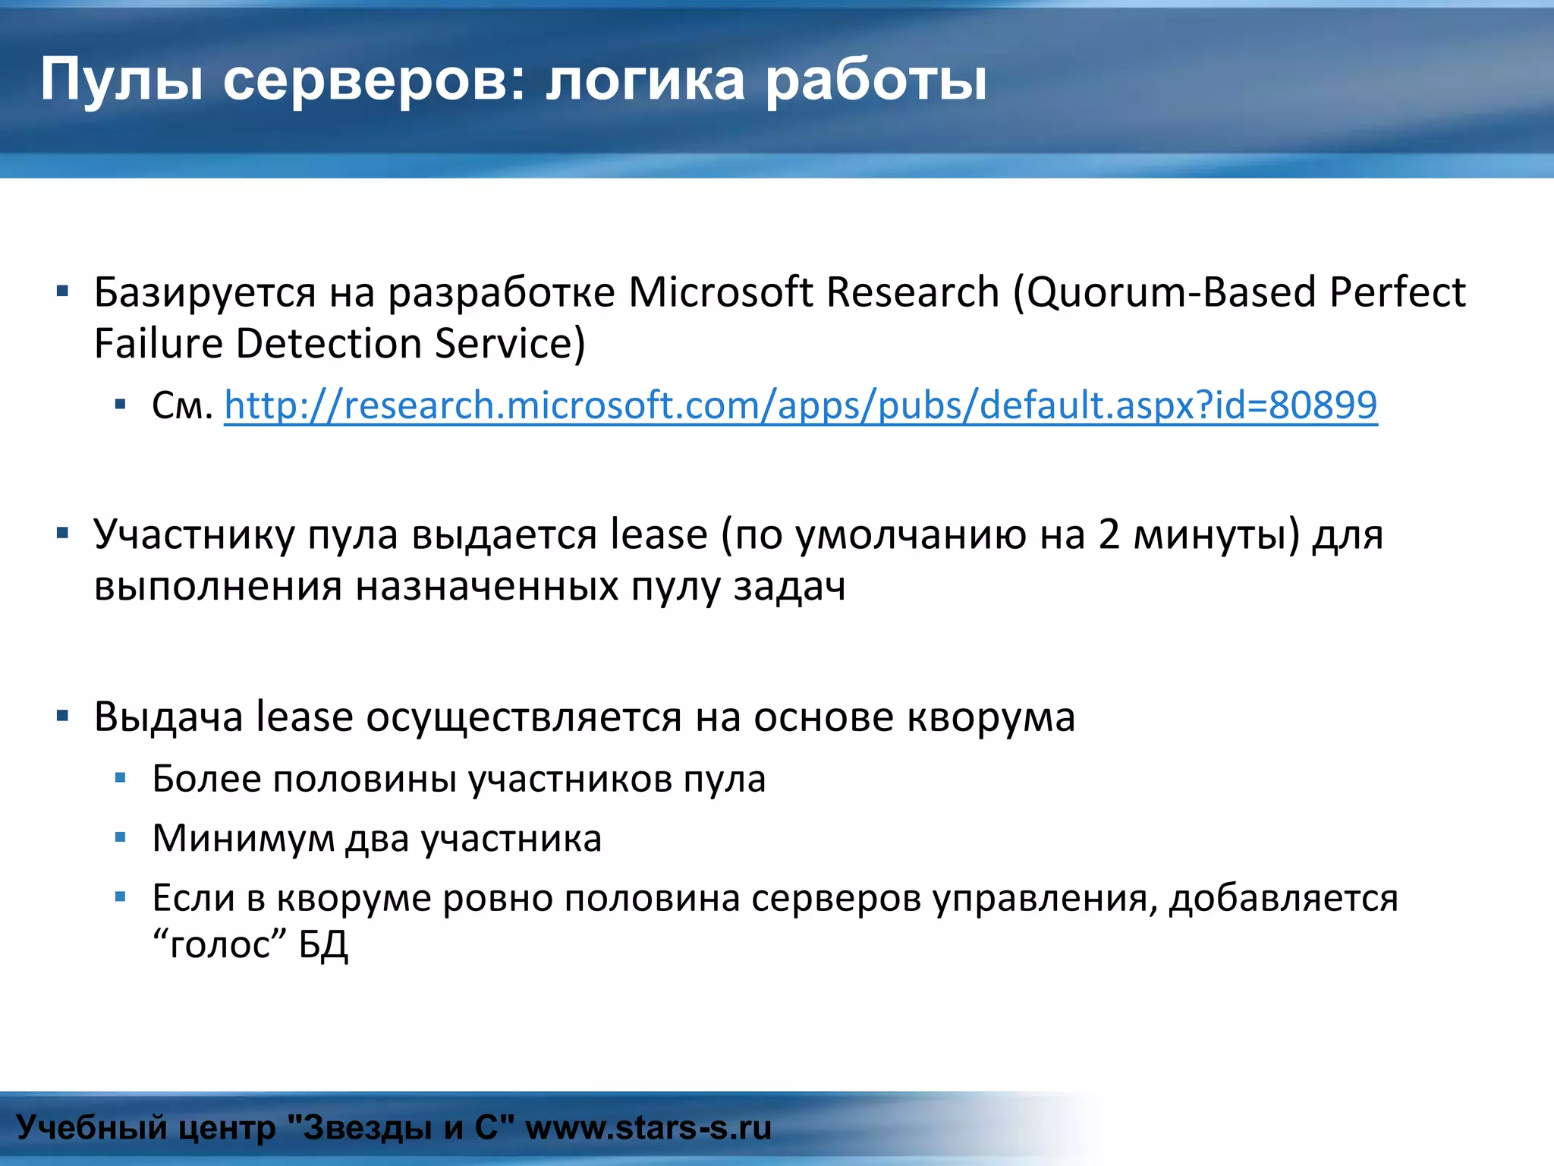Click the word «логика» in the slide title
pos(645,80)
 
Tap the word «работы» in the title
pos(876,80)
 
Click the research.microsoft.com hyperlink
pos(801,405)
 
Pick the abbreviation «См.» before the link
pos(182,405)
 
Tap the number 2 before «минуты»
pos(1109,534)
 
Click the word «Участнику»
pos(194,534)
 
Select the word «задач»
pos(789,587)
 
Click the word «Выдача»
pos(168,717)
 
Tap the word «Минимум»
pos(243,839)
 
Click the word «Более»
pos(206,779)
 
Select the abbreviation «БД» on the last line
pos(323,945)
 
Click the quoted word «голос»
pos(220,945)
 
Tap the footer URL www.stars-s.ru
pos(648,1127)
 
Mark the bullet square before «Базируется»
pos(63,291)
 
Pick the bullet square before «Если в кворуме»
pos(120,897)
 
